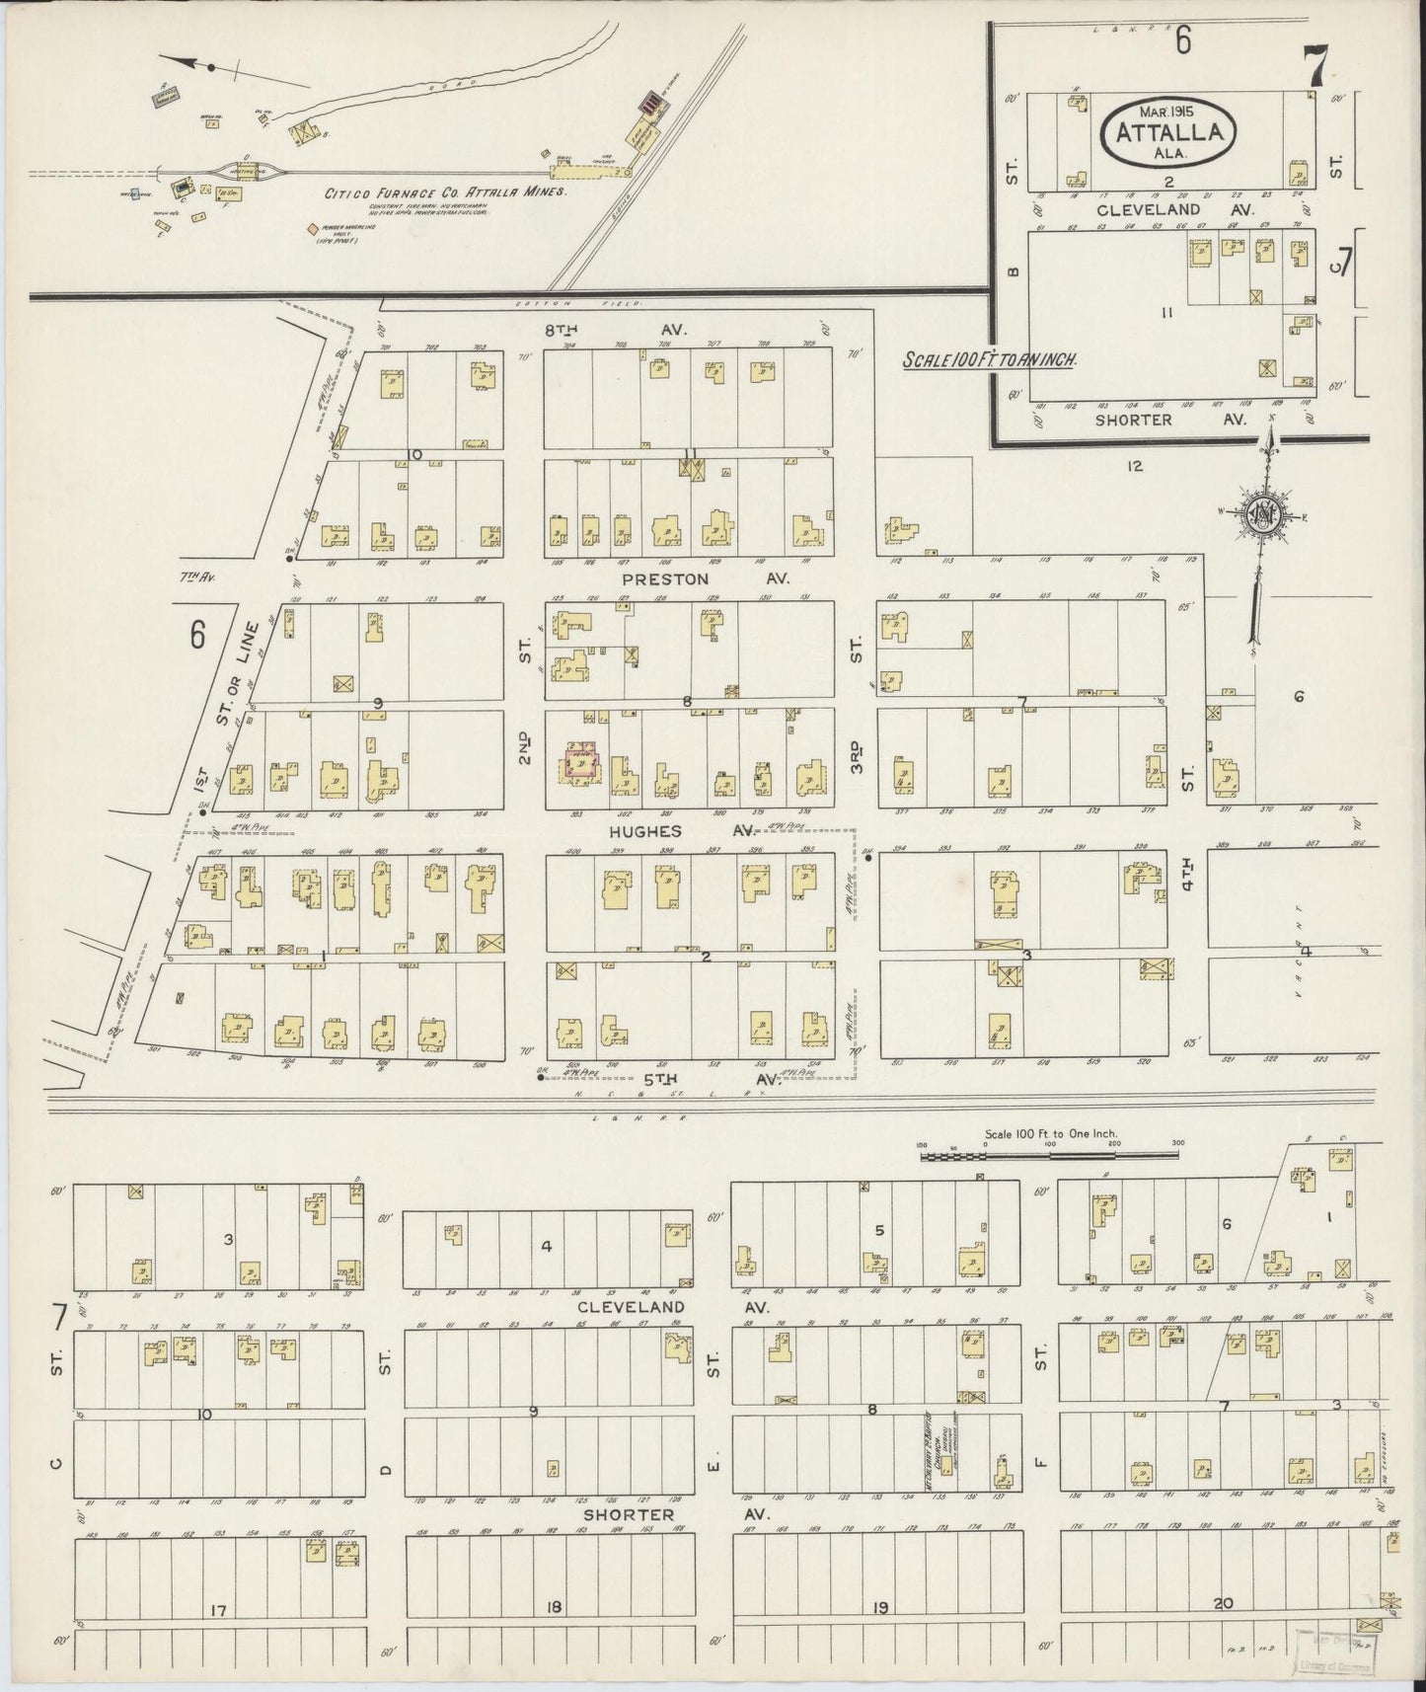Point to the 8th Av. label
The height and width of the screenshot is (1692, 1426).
tap(620, 329)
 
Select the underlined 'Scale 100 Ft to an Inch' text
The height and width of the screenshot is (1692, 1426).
tap(989, 360)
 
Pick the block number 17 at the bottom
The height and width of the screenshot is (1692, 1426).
tap(218, 1611)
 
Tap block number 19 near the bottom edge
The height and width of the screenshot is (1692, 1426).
tap(879, 1607)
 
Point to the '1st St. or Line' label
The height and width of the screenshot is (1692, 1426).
tap(225, 711)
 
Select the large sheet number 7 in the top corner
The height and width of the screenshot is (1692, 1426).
tap(1314, 67)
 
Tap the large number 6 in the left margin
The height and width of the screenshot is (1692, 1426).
tap(197, 637)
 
